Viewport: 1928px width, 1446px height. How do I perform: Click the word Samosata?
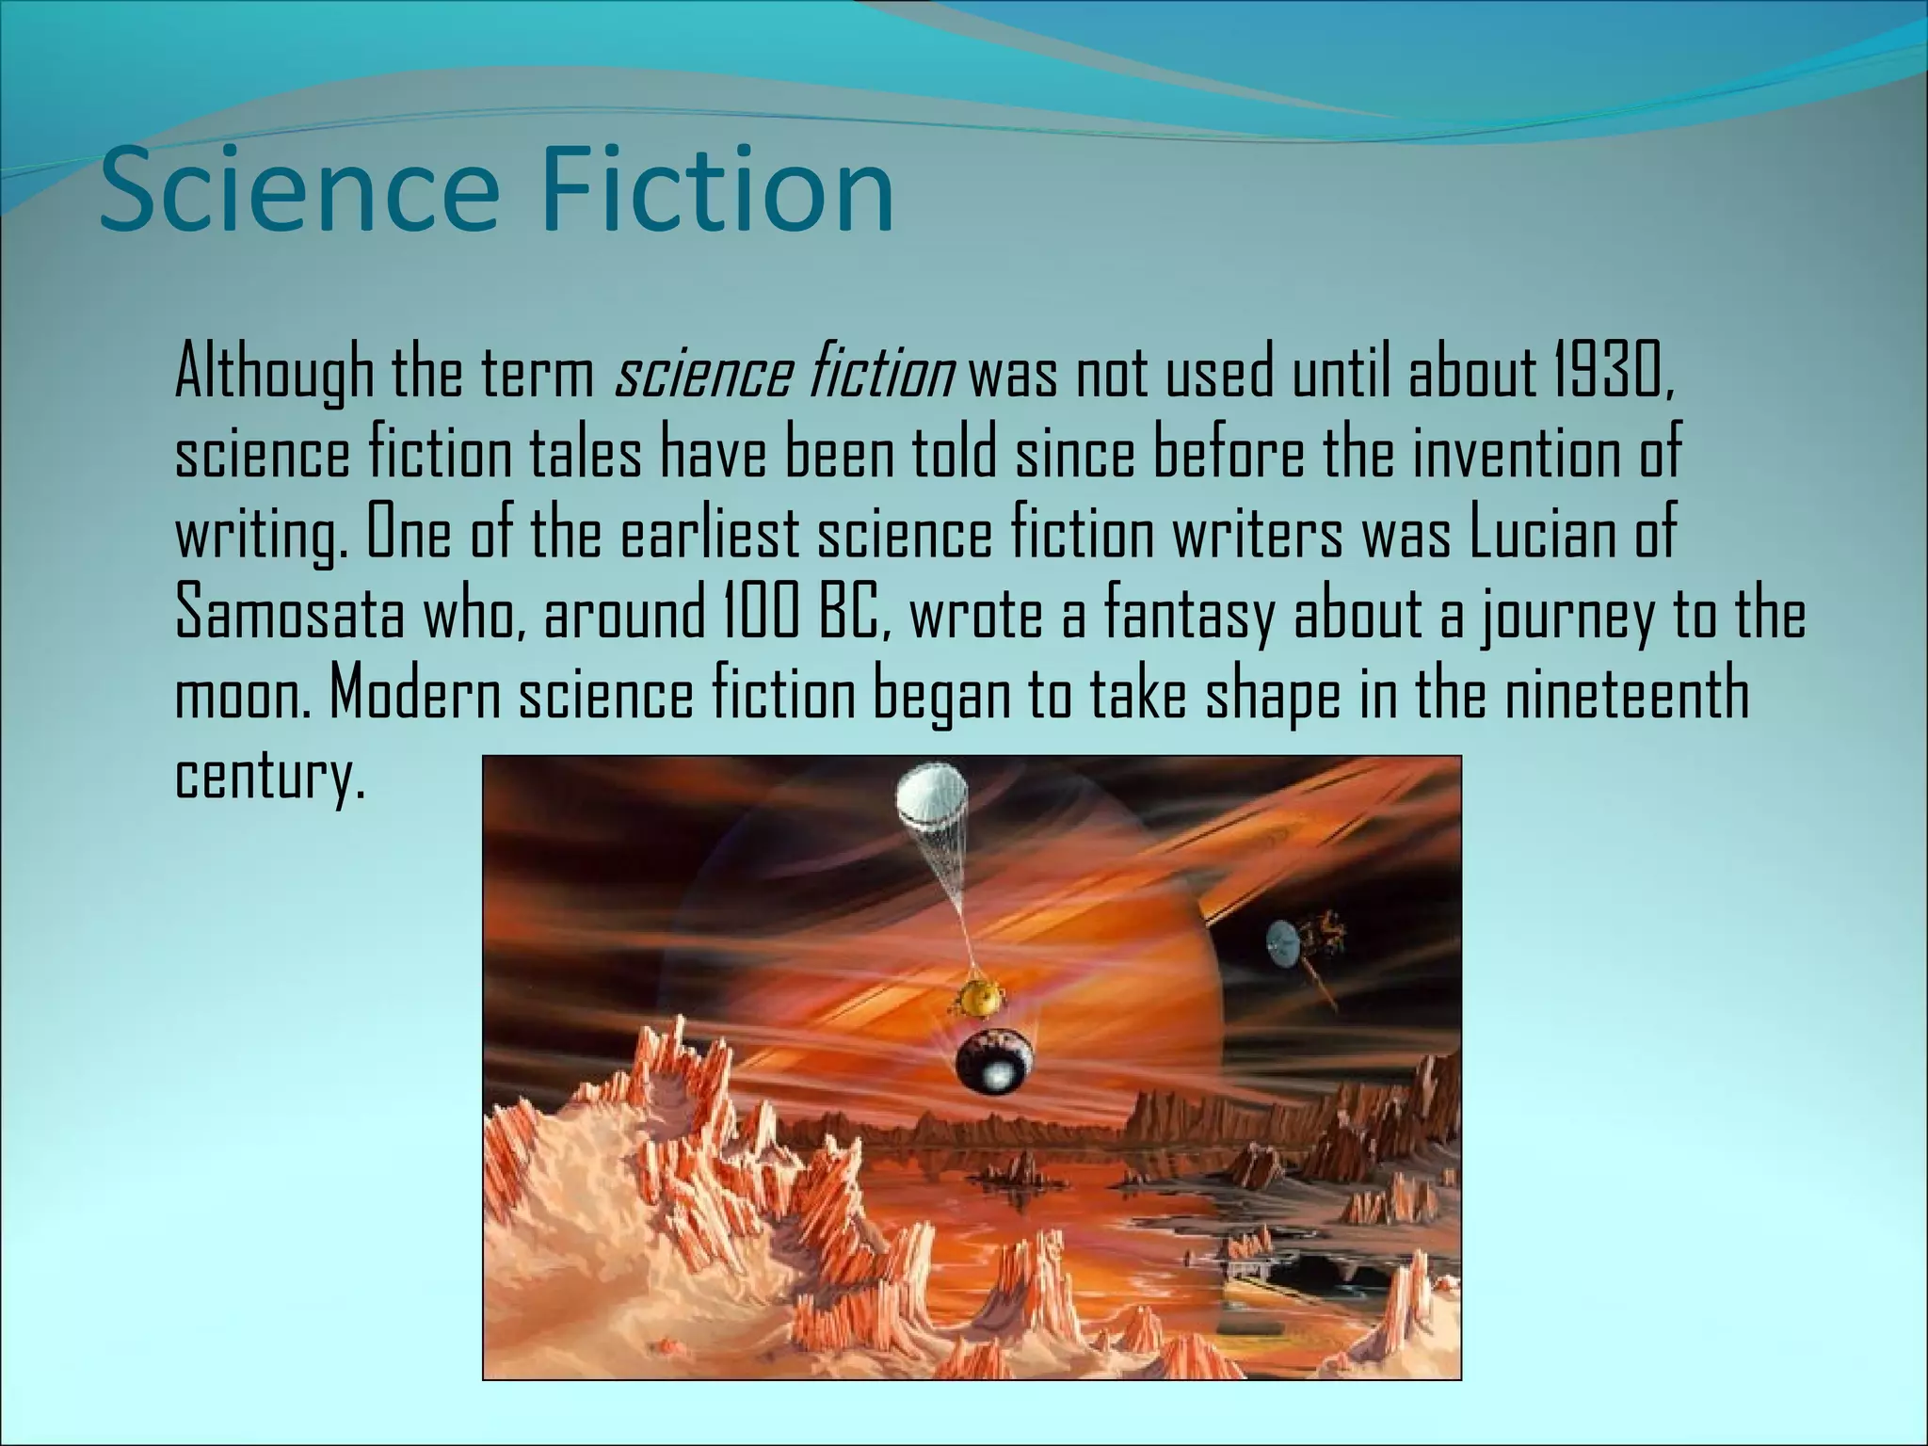[x=290, y=614]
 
